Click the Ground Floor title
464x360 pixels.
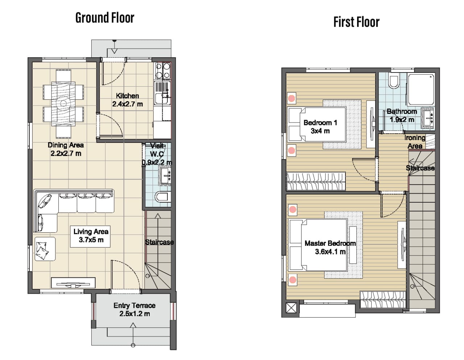(105, 18)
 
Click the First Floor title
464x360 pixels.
(356, 22)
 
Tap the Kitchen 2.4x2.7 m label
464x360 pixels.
(128, 100)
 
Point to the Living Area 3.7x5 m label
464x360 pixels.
(91, 236)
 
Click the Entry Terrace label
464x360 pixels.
(134, 310)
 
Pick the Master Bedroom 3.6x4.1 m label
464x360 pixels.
(330, 248)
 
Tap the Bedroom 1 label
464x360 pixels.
(320, 127)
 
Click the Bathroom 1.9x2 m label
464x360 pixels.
(402, 116)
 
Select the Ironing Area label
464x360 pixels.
(415, 142)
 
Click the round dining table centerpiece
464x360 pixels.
(63, 103)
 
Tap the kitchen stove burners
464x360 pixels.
(163, 71)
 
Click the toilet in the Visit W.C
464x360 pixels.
(163, 197)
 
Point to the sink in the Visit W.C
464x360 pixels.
(166, 176)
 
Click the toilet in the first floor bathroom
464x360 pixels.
(394, 81)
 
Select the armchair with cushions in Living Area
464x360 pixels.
(45, 249)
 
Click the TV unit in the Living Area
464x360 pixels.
(73, 283)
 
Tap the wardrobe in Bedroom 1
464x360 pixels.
(316, 181)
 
